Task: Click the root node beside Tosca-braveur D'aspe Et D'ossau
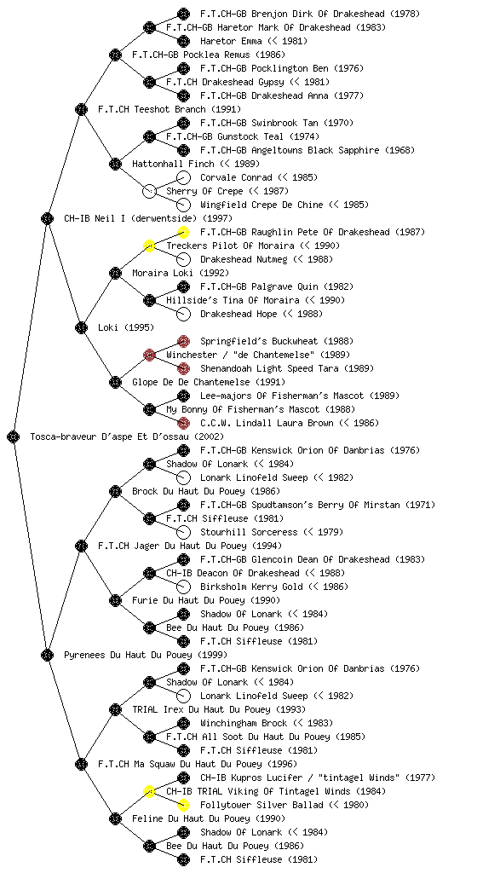point(14,436)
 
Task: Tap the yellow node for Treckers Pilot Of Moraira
point(149,246)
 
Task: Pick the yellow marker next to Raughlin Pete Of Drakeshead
point(183,232)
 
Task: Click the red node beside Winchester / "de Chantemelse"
point(149,355)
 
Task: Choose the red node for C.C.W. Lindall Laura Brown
point(183,423)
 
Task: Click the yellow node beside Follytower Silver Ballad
point(183,805)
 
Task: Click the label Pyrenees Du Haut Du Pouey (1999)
point(146,655)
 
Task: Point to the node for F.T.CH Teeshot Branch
point(81,109)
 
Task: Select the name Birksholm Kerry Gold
point(251,587)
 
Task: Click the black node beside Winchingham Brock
point(183,723)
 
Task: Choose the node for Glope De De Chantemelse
point(115,382)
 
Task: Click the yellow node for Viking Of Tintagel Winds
point(149,791)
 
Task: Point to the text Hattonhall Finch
point(173,164)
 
